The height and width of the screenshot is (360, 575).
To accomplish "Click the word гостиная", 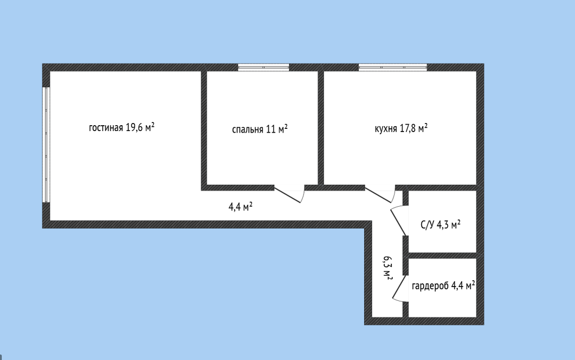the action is click(106, 128).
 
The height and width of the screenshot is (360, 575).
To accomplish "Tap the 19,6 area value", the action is click(134, 127).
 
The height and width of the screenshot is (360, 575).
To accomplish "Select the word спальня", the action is click(248, 129).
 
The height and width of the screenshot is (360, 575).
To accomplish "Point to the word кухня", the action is click(385, 129).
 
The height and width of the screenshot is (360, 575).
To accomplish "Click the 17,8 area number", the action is click(407, 128).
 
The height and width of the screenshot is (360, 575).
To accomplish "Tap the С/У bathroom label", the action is click(427, 225).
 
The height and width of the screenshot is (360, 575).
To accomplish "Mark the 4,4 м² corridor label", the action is click(241, 207).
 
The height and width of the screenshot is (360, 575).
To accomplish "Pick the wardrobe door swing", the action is click(400, 289).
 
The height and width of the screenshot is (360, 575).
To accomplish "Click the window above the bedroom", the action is click(264, 67).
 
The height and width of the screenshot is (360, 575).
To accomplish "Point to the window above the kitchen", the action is click(393, 67).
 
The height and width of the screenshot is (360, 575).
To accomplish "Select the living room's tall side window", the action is click(46, 145).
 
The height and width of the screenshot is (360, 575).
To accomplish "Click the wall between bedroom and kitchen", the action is click(321, 128).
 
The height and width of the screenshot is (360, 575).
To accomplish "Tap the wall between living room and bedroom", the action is click(204, 130).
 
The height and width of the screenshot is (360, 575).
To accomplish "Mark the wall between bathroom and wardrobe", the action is click(442, 256).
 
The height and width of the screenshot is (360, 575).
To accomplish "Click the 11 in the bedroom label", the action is click(270, 129).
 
